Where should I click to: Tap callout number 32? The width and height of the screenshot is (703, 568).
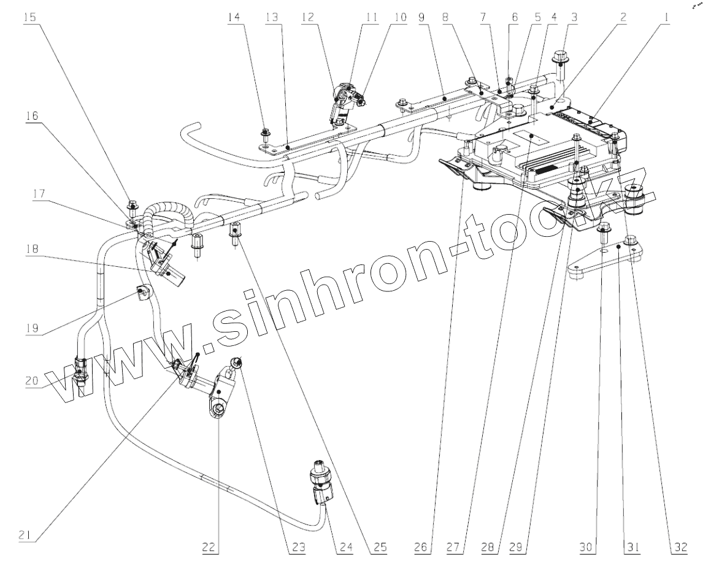point(678,548)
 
